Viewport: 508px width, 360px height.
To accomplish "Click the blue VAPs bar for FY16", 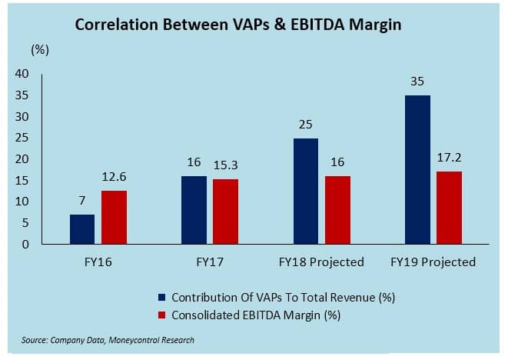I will click(81, 229).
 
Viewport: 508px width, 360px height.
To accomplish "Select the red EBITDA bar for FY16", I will click(113, 218).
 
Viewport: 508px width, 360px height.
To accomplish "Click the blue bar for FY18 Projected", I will click(306, 191).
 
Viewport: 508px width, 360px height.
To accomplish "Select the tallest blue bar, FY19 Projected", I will click(417, 169).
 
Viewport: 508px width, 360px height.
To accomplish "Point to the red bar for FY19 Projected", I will click(450, 208).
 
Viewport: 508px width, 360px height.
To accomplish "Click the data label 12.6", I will click(113, 178).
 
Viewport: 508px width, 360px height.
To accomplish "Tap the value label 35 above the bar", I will click(417, 81).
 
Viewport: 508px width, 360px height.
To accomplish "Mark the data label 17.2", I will click(450, 158).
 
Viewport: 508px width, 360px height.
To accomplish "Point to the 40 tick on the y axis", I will click(21, 74).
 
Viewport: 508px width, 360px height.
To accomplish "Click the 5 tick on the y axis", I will click(25, 223).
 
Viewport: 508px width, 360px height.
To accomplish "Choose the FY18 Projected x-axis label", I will click(321, 262).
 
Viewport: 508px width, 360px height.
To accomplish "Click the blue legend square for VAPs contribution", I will click(161, 297).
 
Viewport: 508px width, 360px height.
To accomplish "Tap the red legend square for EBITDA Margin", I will click(161, 314).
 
